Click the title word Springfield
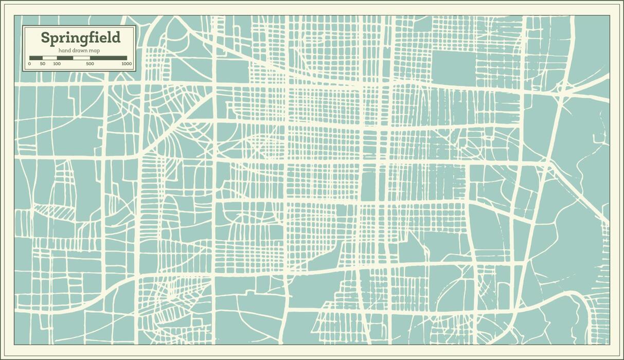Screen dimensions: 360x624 [x=81, y=38]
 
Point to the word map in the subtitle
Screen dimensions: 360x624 [x=95, y=50]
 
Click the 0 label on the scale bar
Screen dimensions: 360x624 [x=29, y=64]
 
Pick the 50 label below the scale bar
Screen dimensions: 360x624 [x=43, y=64]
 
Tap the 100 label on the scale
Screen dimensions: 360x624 [x=57, y=64]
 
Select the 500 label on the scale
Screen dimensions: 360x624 [x=90, y=64]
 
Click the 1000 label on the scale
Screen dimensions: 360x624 [x=127, y=64]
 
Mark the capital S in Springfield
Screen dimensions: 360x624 [x=45, y=38]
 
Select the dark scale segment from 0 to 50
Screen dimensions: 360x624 [x=36, y=58]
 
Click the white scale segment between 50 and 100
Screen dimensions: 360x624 [x=49, y=58]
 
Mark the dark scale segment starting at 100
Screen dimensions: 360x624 [x=65, y=58]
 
